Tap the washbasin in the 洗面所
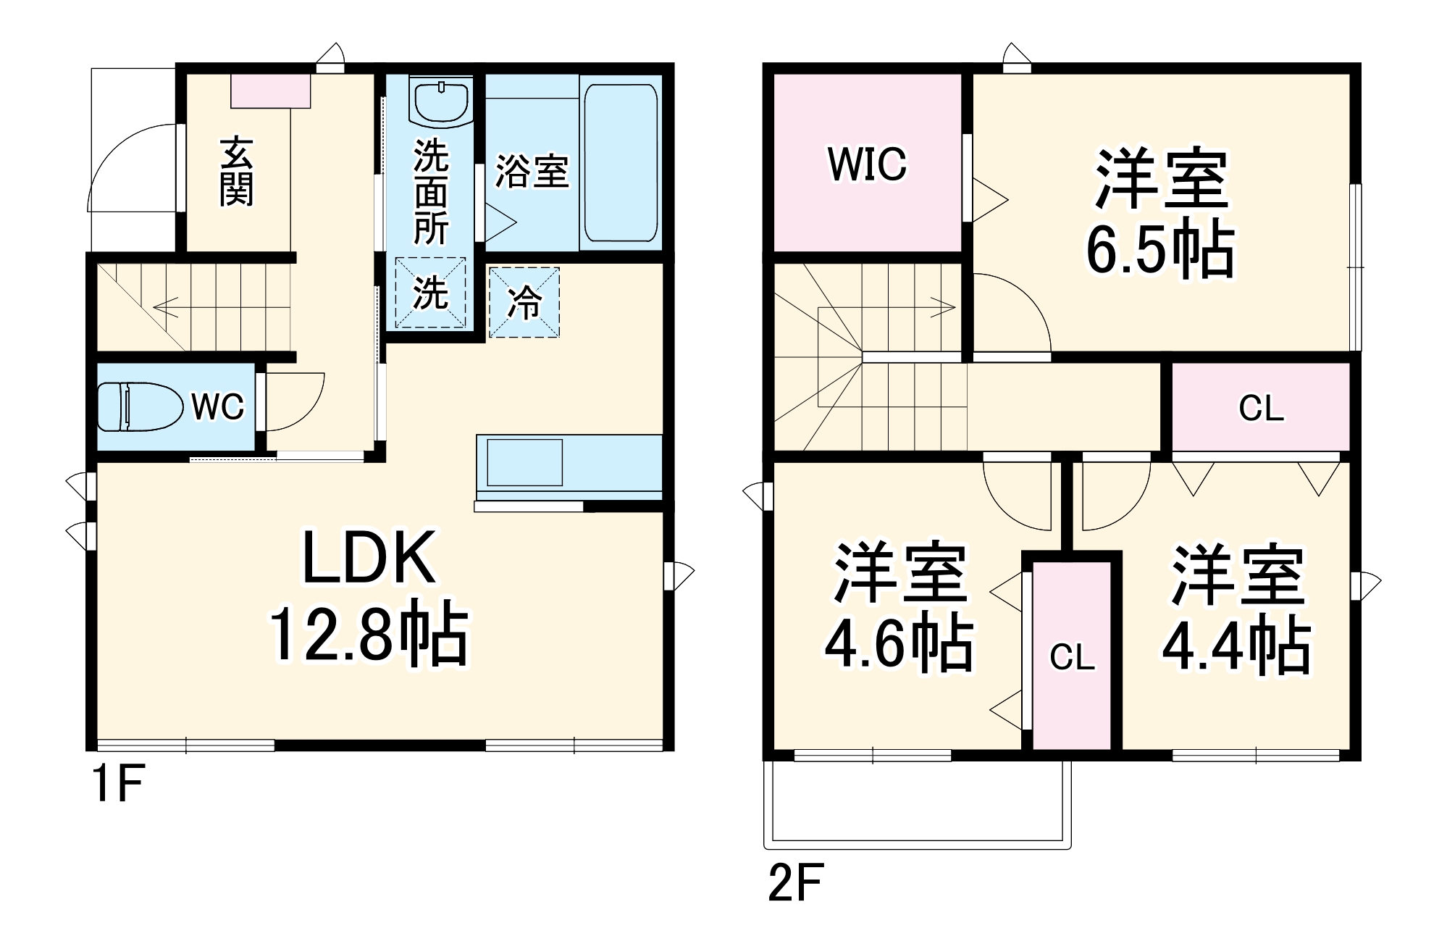click(440, 101)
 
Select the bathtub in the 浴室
click(621, 162)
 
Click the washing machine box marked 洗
click(430, 293)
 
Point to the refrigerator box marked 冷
click(524, 302)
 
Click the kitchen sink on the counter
click(524, 462)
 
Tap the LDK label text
click(369, 558)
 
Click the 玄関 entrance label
click(237, 171)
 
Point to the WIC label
click(867, 164)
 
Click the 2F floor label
click(795, 882)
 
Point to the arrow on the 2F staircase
click(941, 308)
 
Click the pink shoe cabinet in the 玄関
click(271, 91)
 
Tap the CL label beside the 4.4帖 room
click(1072, 658)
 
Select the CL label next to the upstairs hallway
click(1261, 409)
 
